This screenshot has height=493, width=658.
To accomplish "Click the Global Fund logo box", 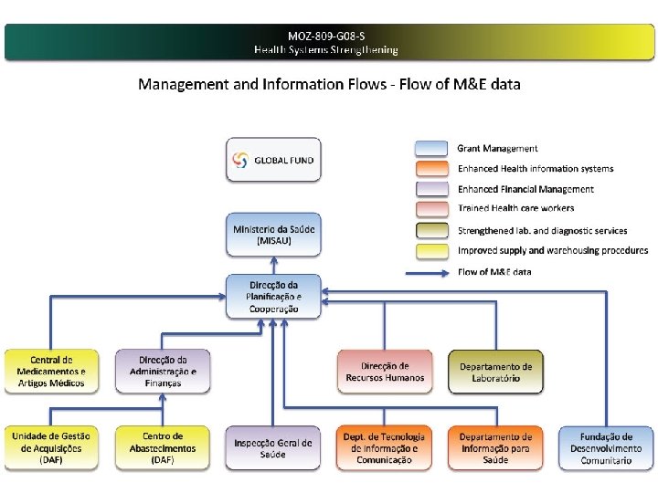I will tap(274, 160).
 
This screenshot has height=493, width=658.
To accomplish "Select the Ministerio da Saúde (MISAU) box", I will tap(274, 235).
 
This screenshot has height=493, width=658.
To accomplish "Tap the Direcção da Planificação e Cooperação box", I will tap(274, 296).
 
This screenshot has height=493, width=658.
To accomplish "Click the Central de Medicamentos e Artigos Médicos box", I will tap(51, 372).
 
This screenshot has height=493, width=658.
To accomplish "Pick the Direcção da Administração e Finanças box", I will tap(163, 372).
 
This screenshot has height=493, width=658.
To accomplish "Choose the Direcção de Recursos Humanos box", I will tap(385, 372).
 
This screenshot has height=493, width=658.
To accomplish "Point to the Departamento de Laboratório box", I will tap(495, 372).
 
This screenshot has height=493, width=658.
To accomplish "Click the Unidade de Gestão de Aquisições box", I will tap(51, 448).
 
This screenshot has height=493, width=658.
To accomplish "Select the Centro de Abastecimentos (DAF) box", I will tap(163, 448).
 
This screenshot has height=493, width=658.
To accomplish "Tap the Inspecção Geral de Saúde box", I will tap(274, 448).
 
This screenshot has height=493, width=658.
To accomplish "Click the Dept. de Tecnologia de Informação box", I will tap(385, 448).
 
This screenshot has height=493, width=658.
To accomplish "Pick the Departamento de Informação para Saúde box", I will tap(495, 448).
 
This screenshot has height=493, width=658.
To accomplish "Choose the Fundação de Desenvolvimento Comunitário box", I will tap(606, 448).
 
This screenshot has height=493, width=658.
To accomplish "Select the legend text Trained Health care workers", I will tap(515, 209).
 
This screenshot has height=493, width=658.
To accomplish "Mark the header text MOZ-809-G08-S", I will tap(326, 36).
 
